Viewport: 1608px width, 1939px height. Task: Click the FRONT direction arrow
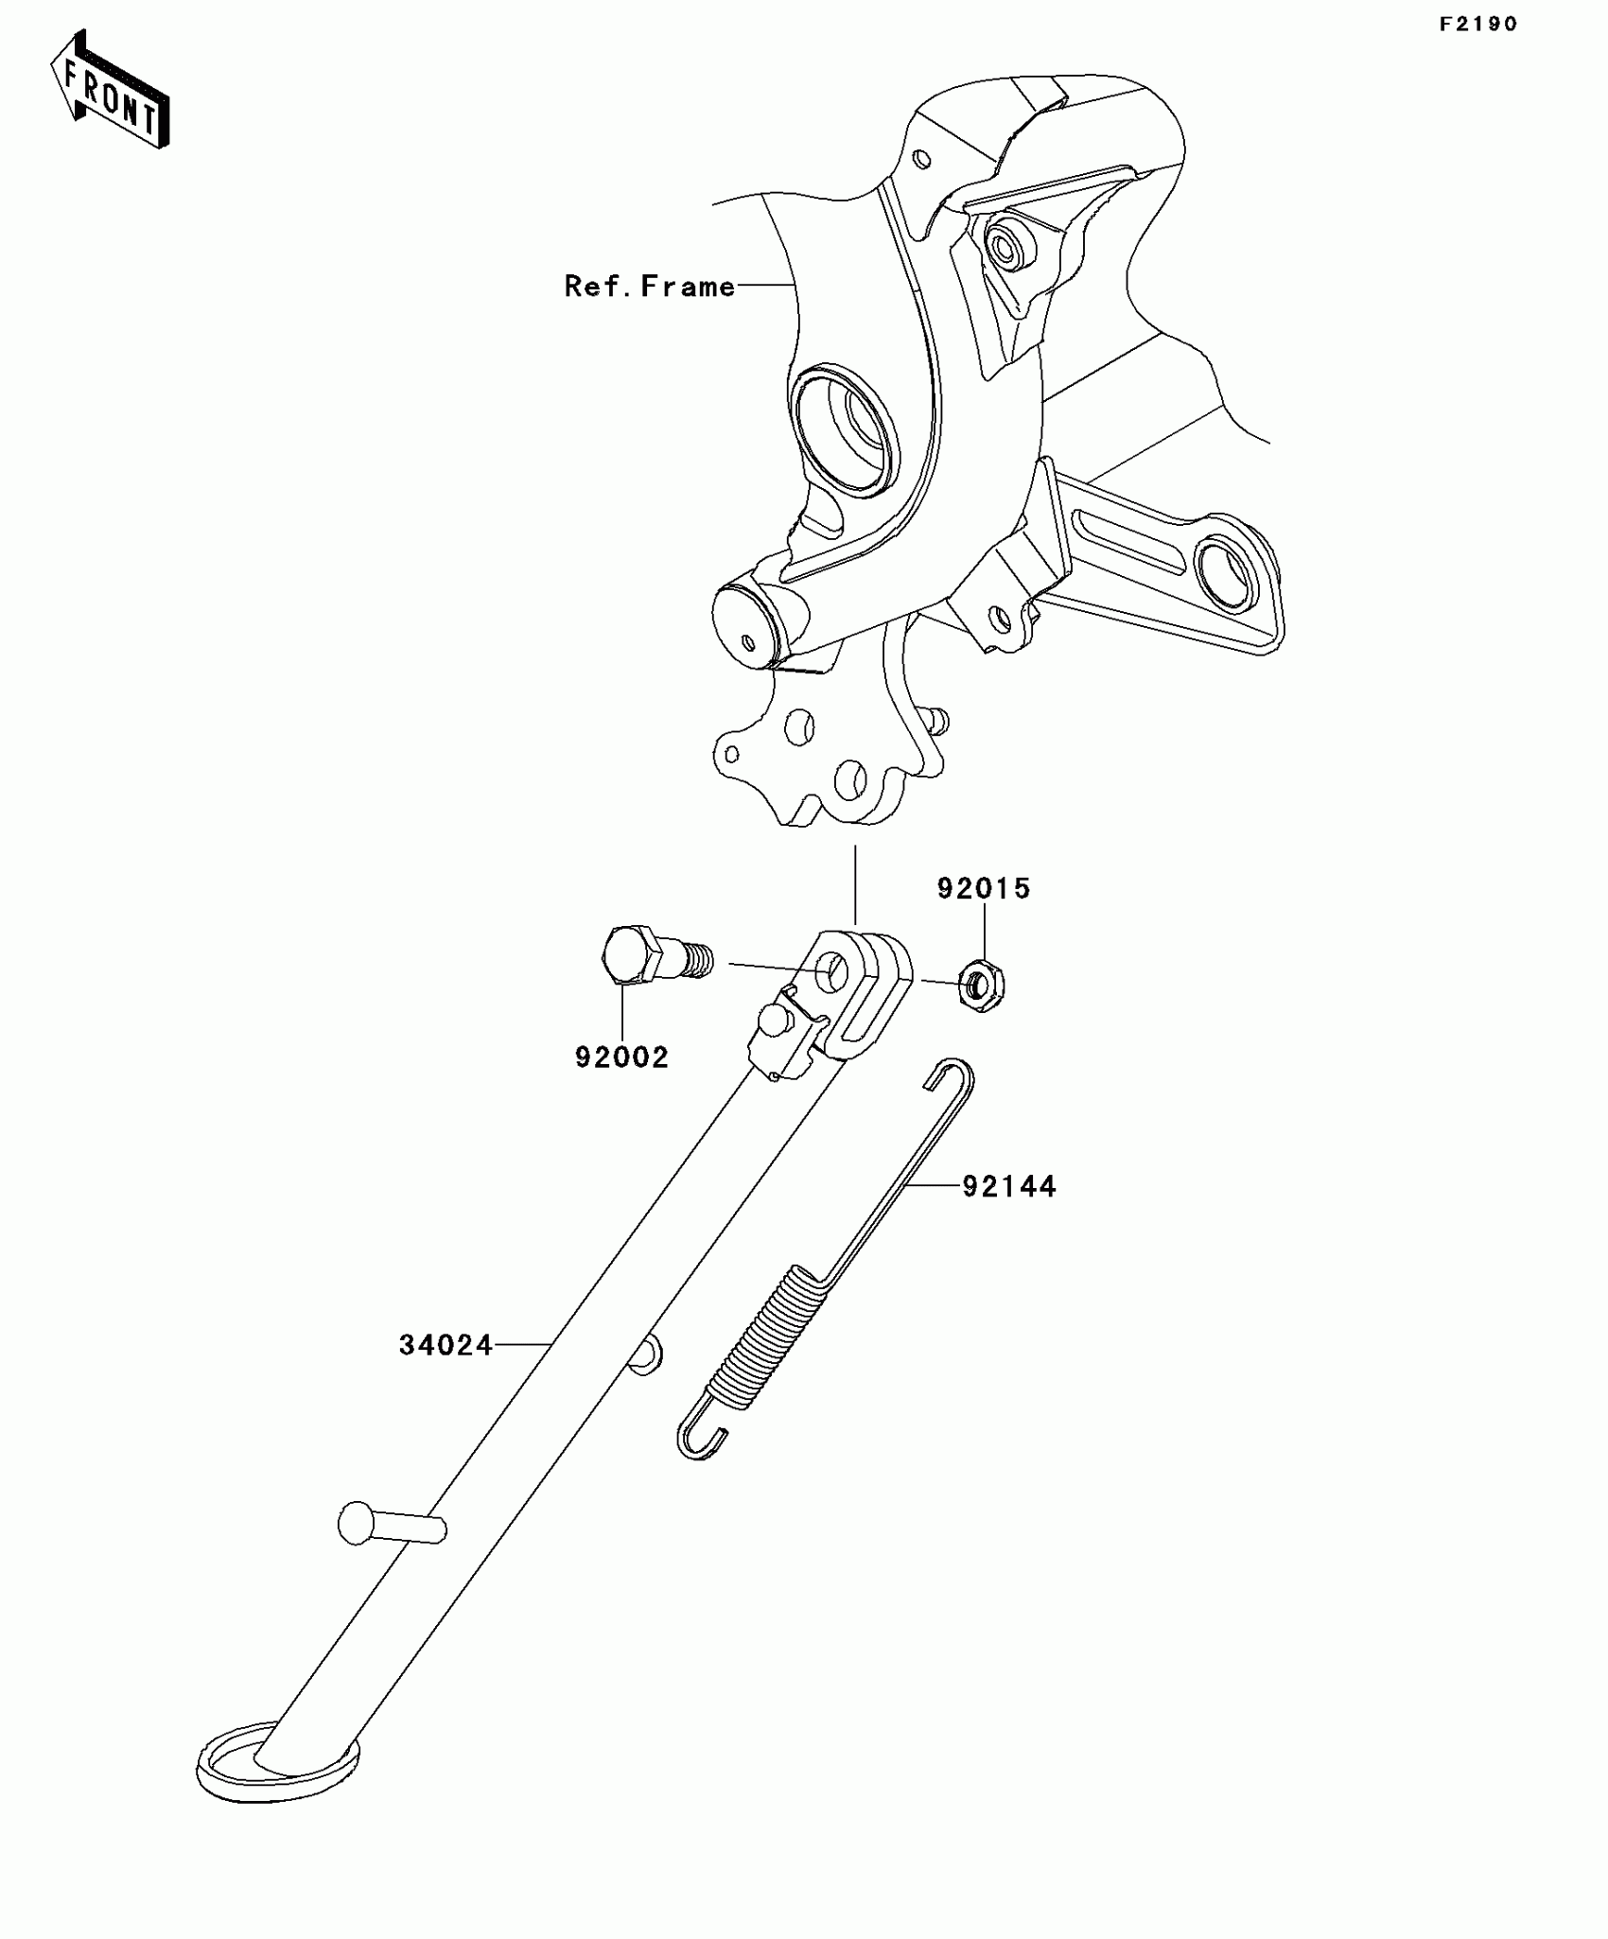coord(110,91)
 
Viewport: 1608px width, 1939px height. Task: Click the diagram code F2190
coord(1477,25)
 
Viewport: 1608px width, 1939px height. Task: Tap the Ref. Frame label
coord(649,286)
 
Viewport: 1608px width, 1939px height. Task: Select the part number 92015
coord(984,888)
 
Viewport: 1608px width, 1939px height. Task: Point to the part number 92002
coord(621,1057)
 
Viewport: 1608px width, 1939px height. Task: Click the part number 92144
coord(1009,1186)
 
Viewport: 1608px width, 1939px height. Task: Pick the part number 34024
coord(446,1345)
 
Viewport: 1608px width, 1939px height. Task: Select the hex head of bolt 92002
coord(626,957)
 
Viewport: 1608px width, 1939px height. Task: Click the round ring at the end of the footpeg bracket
coord(1226,574)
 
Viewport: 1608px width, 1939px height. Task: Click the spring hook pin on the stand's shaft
coord(645,1355)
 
